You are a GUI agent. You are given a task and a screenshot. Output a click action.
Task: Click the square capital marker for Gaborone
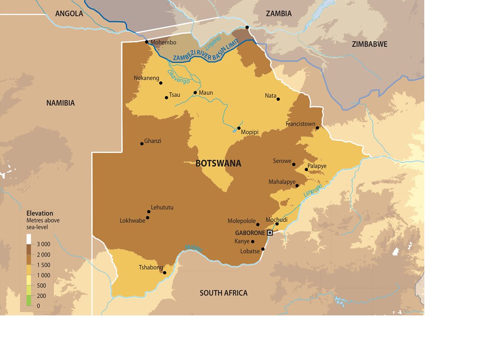(x=270, y=232)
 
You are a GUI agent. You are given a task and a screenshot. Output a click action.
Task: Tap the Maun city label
(x=206, y=93)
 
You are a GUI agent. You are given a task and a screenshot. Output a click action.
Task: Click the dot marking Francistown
(x=318, y=128)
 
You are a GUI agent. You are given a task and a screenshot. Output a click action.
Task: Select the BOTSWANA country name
(x=218, y=163)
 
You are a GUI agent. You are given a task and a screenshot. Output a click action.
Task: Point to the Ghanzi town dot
(x=142, y=143)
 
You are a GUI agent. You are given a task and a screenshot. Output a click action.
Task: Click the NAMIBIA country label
(x=60, y=103)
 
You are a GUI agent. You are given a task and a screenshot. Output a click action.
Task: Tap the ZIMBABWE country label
(x=370, y=44)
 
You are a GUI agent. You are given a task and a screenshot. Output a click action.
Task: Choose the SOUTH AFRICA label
(x=224, y=293)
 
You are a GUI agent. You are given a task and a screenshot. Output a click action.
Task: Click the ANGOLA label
(x=69, y=14)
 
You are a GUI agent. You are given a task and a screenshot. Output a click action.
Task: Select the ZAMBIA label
(x=279, y=14)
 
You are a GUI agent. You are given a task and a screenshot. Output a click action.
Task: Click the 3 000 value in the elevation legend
(x=43, y=244)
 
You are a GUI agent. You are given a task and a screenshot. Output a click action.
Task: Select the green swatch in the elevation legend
(x=29, y=300)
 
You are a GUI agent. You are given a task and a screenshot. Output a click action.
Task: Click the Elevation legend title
(x=40, y=213)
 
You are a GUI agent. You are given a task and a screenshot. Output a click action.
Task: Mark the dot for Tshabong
(x=164, y=273)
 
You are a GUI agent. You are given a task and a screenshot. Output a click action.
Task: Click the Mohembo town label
(x=163, y=43)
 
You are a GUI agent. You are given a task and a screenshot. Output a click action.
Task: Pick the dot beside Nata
(x=278, y=99)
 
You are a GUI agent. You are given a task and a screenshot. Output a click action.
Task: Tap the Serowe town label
(x=282, y=161)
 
